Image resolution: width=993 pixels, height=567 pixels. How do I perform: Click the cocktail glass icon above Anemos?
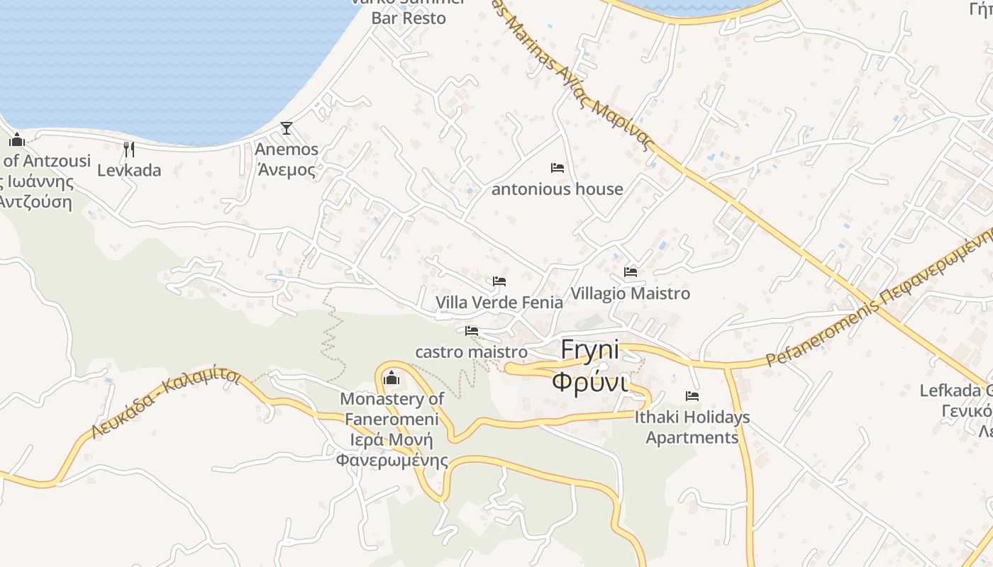click(x=287, y=128)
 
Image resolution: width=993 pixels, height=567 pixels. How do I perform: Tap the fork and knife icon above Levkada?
click(x=129, y=149)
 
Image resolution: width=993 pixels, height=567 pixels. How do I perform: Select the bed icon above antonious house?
click(x=557, y=168)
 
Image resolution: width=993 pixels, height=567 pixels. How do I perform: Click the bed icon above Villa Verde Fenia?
click(x=499, y=281)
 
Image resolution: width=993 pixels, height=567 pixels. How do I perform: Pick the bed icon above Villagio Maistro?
click(x=631, y=272)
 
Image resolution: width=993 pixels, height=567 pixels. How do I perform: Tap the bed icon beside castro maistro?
click(x=472, y=331)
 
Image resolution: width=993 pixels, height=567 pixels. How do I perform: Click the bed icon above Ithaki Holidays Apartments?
click(x=692, y=396)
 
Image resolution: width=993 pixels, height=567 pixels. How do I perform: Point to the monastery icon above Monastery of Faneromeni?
click(x=391, y=378)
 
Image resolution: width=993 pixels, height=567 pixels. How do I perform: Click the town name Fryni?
click(x=589, y=349)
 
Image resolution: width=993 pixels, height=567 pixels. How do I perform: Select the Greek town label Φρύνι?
click(x=589, y=382)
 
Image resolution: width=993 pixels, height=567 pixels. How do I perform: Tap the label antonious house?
click(x=557, y=189)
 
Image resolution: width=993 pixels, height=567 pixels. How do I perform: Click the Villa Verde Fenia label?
click(x=499, y=303)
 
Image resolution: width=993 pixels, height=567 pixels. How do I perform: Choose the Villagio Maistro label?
click(x=631, y=293)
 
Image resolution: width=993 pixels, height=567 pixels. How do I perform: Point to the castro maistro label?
click(x=471, y=352)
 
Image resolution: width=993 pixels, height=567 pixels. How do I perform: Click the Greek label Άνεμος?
click(x=287, y=170)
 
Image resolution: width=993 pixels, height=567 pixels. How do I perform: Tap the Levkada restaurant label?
click(x=129, y=170)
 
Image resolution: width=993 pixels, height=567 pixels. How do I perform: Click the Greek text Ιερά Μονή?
click(x=392, y=439)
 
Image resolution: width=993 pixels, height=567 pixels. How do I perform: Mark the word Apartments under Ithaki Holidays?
click(x=692, y=437)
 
